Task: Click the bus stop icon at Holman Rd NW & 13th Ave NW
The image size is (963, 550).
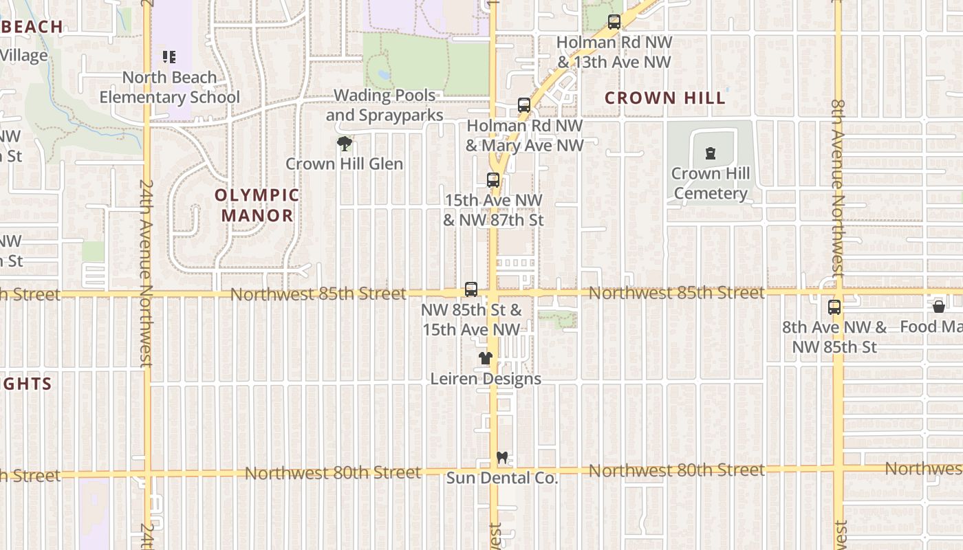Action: tap(614, 22)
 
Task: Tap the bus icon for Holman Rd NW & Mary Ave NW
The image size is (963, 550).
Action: tap(524, 105)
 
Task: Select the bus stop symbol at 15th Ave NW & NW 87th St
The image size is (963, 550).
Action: tap(493, 180)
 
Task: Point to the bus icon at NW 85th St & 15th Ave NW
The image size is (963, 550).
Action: tap(471, 289)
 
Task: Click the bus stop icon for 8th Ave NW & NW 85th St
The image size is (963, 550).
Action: tap(834, 307)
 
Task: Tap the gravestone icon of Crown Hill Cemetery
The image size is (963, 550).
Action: tap(710, 153)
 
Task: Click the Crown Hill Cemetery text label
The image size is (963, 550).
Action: tap(711, 184)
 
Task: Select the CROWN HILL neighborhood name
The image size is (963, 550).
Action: tap(664, 98)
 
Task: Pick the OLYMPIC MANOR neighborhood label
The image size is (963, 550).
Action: tap(257, 206)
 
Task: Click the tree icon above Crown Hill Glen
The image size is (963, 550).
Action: tap(345, 144)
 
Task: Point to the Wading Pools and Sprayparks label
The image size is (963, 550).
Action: tap(385, 105)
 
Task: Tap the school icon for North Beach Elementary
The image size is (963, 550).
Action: tap(169, 57)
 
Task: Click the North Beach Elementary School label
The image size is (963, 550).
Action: tap(170, 87)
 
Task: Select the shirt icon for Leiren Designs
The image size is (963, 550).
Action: tap(486, 358)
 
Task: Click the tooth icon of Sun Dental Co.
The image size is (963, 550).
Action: tap(502, 457)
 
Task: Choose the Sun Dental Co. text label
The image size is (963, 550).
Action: tap(502, 478)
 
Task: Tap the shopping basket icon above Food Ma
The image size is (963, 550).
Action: tap(939, 307)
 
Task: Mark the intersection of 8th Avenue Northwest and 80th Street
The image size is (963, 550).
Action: tap(838, 470)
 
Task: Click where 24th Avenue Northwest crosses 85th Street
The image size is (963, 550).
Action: tap(147, 294)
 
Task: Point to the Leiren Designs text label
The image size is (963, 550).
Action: tap(486, 379)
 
